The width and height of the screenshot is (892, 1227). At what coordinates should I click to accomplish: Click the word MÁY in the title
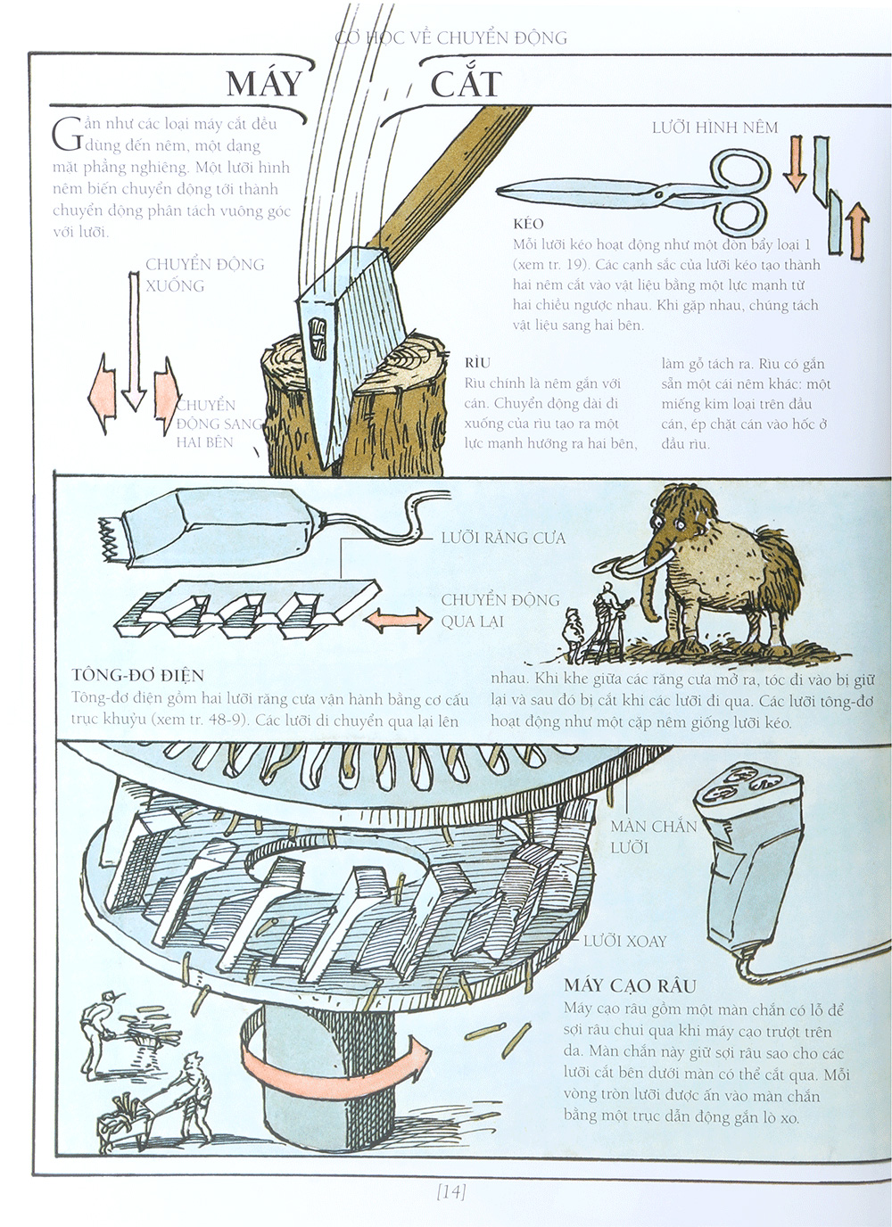(x=264, y=84)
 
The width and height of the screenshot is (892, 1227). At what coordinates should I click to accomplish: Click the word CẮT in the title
(x=466, y=84)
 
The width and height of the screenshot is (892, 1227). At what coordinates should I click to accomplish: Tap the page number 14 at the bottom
(x=451, y=1191)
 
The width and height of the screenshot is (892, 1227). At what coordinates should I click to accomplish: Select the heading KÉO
(x=528, y=224)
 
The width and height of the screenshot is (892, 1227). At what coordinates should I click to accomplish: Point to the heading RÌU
(x=477, y=363)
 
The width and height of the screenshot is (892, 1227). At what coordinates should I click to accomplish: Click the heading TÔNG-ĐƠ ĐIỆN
(x=137, y=675)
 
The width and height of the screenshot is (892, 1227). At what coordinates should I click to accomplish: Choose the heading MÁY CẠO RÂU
(x=630, y=985)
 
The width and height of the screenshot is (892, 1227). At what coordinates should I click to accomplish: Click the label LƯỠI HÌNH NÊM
(x=714, y=128)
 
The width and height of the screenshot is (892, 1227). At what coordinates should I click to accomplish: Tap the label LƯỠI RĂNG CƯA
(x=503, y=538)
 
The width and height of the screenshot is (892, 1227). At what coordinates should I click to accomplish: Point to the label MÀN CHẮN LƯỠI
(x=653, y=836)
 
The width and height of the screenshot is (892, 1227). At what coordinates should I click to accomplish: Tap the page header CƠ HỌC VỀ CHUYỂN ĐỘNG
(x=450, y=37)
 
